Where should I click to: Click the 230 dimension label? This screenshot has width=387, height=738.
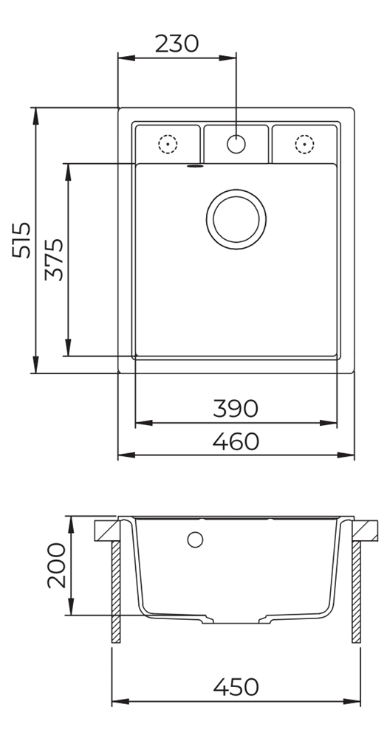coord(177,44)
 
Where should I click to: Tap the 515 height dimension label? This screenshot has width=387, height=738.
coord(21,240)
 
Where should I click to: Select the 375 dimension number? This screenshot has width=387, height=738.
coord(54,260)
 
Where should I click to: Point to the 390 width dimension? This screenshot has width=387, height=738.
coord(236,409)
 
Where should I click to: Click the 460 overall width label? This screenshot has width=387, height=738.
coord(236,441)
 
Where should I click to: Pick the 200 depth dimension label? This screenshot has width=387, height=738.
coord(56,565)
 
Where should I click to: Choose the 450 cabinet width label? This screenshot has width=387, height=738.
coord(236,686)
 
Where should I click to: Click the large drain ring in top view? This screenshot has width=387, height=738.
coord(236,190)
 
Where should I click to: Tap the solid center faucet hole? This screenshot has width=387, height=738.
coord(236,144)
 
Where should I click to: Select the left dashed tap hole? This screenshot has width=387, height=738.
coord(168,144)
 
